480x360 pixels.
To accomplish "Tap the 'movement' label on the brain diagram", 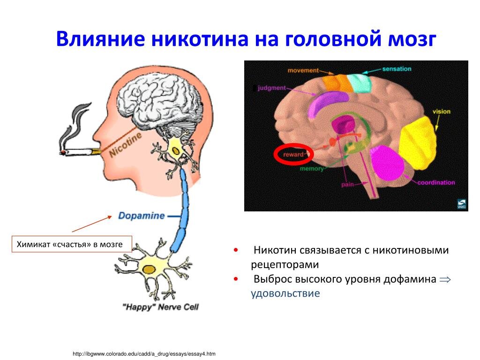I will point(303,70).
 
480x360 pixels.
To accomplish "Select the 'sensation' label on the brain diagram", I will point(397,68).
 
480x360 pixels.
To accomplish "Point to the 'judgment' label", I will point(272,87).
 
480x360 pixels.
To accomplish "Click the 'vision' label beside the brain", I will point(441,112).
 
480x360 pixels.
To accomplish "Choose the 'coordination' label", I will point(436,182).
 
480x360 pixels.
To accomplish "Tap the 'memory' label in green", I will point(312,169).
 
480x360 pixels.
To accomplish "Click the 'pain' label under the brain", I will point(347,185).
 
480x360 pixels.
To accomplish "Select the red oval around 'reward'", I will point(293,154).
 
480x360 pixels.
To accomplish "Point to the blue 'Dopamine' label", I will point(141,216).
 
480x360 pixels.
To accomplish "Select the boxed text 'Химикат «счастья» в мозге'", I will point(70,244).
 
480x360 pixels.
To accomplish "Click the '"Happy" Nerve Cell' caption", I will point(160,307).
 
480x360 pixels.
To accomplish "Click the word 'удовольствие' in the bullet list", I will point(285,293).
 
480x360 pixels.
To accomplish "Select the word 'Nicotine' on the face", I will point(125,145).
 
